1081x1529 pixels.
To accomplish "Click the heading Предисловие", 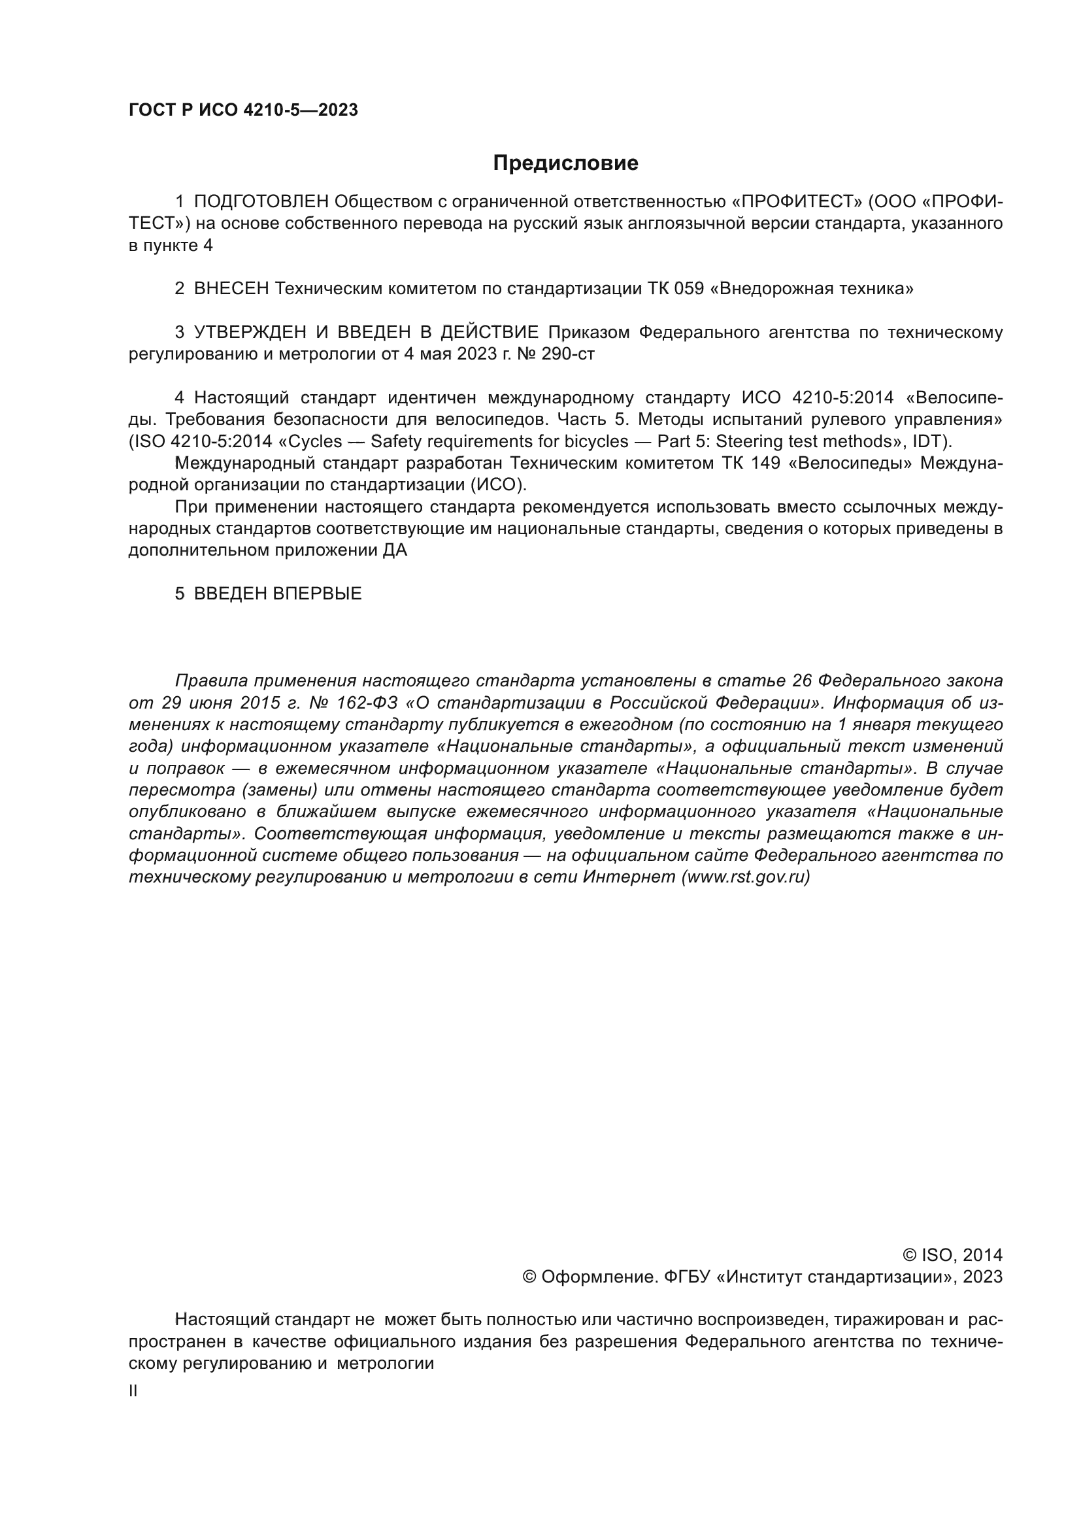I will pos(565,163).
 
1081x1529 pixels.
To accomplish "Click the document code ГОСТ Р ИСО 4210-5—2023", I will pos(243,110).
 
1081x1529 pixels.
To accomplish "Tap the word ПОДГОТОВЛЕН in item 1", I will pos(261,202).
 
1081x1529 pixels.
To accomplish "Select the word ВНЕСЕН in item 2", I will pos(231,289).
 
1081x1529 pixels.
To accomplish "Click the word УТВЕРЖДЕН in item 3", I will pos(250,332).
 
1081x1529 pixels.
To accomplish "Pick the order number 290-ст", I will pos(568,354).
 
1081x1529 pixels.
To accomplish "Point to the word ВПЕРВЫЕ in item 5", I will pos(318,594).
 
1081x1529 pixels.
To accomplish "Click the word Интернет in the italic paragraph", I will pos(629,877).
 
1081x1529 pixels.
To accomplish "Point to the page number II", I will pos(133,1391).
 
